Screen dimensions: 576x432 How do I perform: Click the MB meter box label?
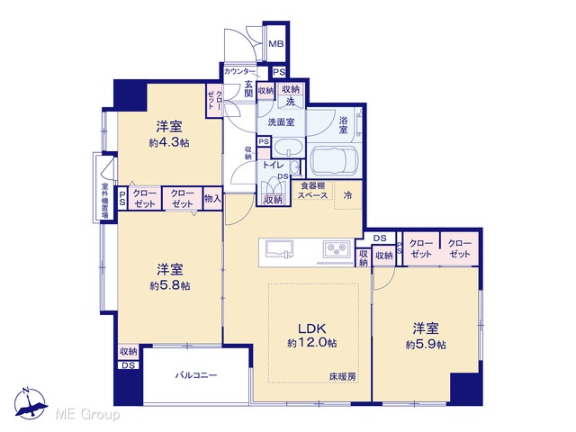coord(276,44)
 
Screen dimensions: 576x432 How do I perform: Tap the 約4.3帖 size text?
coord(169,142)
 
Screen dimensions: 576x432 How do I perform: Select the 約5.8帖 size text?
coord(170,285)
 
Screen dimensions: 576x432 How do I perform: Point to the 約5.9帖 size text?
coord(426,345)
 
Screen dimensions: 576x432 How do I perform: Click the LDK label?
coord(311,328)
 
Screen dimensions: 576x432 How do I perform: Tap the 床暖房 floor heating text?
coord(342,376)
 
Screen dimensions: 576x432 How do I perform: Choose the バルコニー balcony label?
coord(196,375)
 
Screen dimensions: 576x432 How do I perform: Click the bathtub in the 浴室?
coord(334,160)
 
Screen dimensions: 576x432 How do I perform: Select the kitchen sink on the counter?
coord(279,248)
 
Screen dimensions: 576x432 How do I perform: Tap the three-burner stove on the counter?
coord(337,248)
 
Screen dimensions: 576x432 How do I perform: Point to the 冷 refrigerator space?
coord(347,195)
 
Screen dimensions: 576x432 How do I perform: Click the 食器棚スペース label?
coord(312,191)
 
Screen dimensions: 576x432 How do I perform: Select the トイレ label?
coord(272,166)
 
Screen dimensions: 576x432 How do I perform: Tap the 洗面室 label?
coord(281,122)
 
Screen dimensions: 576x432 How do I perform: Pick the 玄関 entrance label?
coord(249,88)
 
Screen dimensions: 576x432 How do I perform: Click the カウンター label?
coord(239,71)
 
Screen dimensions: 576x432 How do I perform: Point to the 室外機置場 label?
coord(105,200)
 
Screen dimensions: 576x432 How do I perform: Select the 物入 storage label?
coord(212,199)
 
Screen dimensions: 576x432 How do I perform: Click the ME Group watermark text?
coord(87,414)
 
